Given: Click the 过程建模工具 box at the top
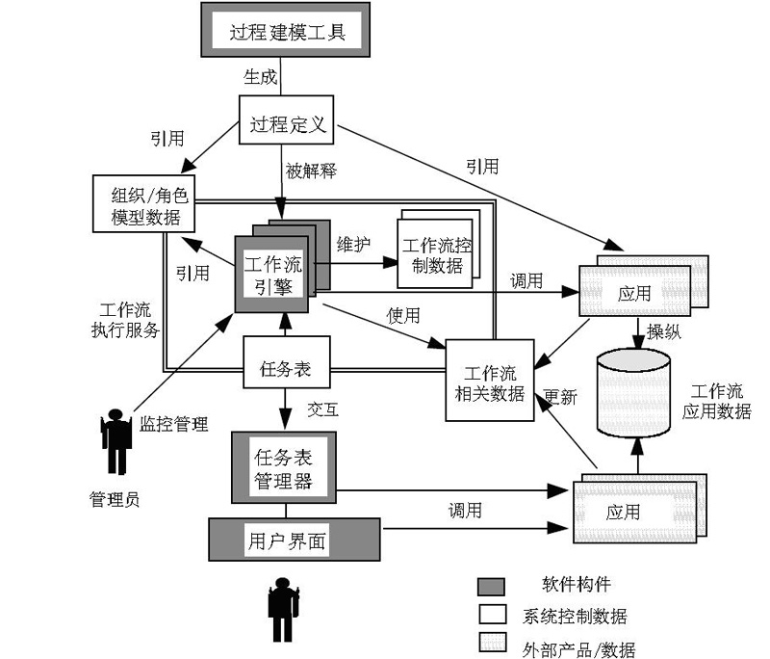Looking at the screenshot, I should tap(287, 32).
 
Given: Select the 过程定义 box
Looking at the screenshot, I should tap(287, 124).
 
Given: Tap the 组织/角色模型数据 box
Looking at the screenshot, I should tap(144, 203).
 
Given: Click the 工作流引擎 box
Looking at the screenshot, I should tap(272, 274).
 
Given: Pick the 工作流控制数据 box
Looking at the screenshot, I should tap(435, 254).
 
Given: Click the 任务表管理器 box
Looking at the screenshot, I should tap(283, 466).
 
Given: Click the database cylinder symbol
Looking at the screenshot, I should tap(634, 391).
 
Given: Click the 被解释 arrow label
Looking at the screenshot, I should tap(311, 171).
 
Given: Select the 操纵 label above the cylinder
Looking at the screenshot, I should tap(664, 332).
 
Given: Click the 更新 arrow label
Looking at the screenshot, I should tap(560, 396).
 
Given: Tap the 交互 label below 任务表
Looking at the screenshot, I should tap(321, 409).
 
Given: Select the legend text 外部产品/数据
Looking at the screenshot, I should tap(578, 648).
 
